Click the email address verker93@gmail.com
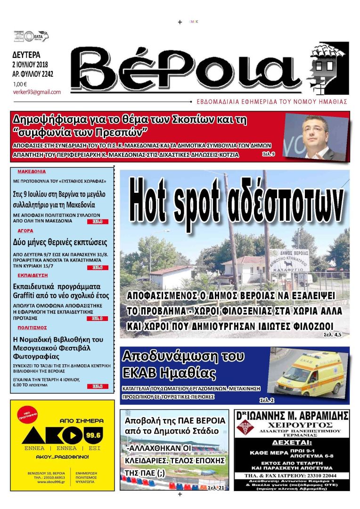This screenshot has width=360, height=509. pos(37,92)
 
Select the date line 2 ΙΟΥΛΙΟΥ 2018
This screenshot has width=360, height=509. pos(33,64)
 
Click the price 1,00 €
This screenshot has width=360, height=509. pos(20,84)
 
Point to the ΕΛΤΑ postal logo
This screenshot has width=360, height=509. pos(37,36)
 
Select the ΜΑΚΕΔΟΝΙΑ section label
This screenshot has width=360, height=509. pos(32,172)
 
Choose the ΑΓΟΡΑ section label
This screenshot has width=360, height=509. pos(25,231)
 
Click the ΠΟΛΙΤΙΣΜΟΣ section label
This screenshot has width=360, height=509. pos(32,327)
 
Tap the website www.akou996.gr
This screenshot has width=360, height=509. pos(49,482)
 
